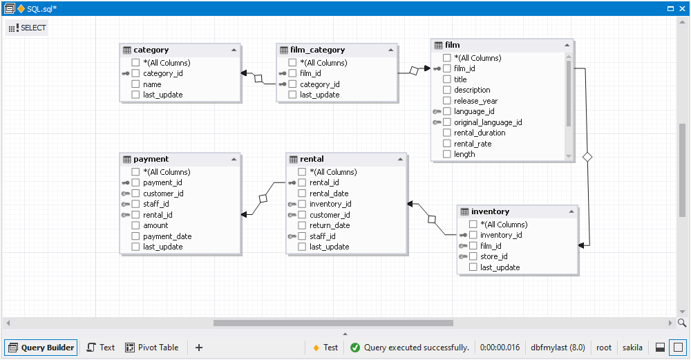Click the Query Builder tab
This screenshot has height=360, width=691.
[x=41, y=348]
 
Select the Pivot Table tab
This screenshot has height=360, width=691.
[x=151, y=348]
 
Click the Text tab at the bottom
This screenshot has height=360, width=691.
[x=100, y=348]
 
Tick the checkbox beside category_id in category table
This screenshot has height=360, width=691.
[x=135, y=73]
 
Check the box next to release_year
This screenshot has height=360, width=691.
[x=447, y=101]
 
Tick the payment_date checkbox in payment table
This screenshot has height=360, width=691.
[x=135, y=236]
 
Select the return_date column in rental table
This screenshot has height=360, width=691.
[x=329, y=225]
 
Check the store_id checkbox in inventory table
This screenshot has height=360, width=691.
[x=473, y=256]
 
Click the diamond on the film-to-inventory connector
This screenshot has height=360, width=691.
[x=587, y=158]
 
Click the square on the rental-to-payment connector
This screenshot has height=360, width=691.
[x=263, y=199]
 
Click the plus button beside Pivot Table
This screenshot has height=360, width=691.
[x=199, y=348]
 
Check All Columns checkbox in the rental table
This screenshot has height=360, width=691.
[x=302, y=172]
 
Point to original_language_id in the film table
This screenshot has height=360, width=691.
[x=487, y=122]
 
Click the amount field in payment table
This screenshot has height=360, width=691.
[x=155, y=225]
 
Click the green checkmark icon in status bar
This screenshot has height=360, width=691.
[x=355, y=348]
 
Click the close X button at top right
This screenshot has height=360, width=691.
[x=681, y=8]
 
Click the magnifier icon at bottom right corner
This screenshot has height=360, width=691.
[x=682, y=323]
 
